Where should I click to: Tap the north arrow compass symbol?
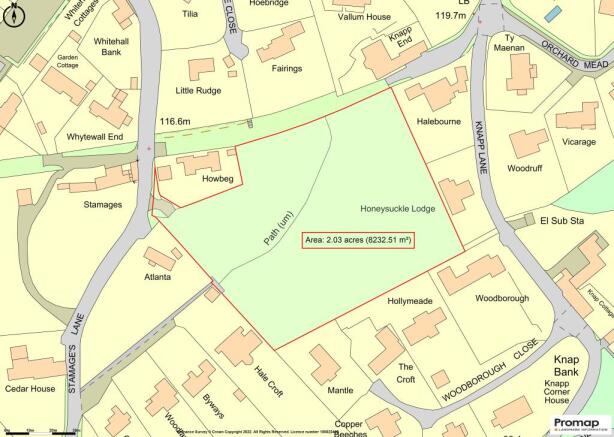11,16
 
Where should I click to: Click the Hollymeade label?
409,300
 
